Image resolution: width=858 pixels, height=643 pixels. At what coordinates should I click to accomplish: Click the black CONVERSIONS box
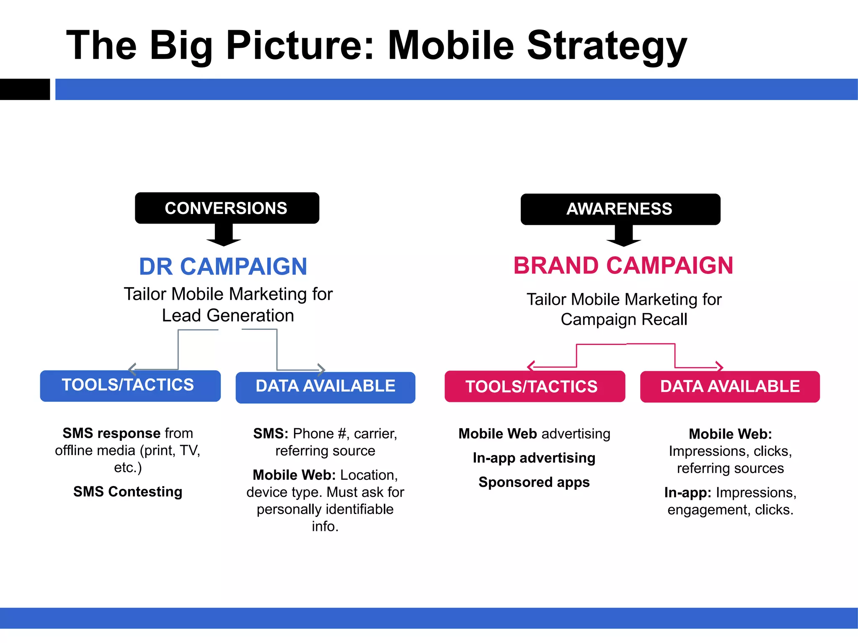pyautogui.click(x=227, y=208)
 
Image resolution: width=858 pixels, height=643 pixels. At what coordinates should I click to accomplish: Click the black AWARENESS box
pyautogui.click(x=620, y=209)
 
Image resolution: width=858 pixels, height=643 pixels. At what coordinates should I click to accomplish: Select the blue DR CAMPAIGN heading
pyautogui.click(x=223, y=267)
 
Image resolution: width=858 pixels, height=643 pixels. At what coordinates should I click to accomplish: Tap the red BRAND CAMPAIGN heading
pyautogui.click(x=623, y=265)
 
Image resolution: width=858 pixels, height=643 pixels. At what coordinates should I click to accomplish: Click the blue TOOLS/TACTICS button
pyautogui.click(x=130, y=386)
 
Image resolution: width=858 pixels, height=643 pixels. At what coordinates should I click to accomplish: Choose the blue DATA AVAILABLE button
pyautogui.click(x=325, y=387)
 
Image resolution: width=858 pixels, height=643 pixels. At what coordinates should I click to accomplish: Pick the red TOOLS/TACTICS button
pyautogui.click(x=535, y=386)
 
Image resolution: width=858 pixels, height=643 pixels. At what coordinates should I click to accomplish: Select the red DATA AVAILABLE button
pyautogui.click(x=730, y=386)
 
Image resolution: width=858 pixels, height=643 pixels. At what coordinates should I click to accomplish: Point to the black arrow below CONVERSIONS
pyautogui.click(x=224, y=235)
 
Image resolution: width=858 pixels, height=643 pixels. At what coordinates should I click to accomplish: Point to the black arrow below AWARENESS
pyautogui.click(x=623, y=236)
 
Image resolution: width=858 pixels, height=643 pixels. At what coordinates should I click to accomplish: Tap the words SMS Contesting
pyautogui.click(x=128, y=491)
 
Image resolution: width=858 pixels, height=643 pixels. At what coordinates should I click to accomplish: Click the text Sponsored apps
pyautogui.click(x=534, y=482)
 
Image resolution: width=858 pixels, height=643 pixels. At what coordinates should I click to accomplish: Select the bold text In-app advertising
pyautogui.click(x=534, y=458)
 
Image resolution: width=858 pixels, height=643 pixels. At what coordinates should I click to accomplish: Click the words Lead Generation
pyautogui.click(x=228, y=316)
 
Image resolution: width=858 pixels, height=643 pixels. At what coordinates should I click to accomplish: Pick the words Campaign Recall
pyautogui.click(x=624, y=320)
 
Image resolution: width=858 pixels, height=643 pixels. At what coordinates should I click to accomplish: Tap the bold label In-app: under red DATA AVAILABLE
pyautogui.click(x=687, y=493)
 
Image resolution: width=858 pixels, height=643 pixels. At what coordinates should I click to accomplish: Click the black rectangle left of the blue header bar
pyautogui.click(x=25, y=89)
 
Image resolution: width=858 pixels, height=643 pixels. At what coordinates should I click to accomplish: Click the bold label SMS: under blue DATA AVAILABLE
pyautogui.click(x=271, y=434)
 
